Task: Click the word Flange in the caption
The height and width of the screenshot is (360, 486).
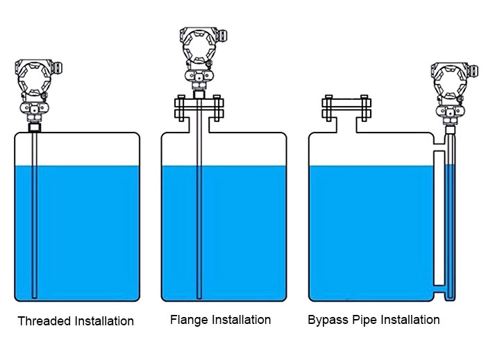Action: (x=186, y=320)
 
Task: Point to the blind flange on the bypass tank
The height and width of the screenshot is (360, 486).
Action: (x=346, y=108)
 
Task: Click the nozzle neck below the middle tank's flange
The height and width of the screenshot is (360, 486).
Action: (x=199, y=126)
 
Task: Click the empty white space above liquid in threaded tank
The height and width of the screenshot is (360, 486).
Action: (x=83, y=149)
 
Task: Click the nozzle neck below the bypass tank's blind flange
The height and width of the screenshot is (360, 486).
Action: (x=346, y=126)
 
